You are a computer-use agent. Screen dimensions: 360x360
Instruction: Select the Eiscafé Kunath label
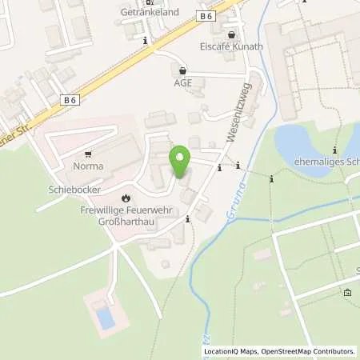click(x=232, y=46)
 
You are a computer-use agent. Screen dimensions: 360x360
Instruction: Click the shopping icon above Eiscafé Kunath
click(x=232, y=34)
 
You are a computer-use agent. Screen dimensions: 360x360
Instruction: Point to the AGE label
click(x=183, y=82)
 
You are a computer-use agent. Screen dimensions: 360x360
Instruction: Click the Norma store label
click(x=88, y=168)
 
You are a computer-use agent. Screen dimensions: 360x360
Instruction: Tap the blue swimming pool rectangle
click(x=106, y=318)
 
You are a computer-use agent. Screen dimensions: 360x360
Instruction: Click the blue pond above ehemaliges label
click(x=308, y=140)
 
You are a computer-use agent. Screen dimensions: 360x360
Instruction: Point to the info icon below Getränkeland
click(x=145, y=40)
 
